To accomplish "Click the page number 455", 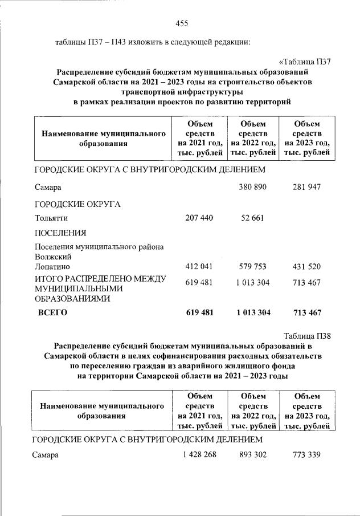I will tap(181, 23).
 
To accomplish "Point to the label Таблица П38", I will tap(307, 336).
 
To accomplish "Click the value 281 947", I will tap(307, 187).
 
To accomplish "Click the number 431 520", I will tap(307, 266).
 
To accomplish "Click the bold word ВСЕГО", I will tap(52, 312).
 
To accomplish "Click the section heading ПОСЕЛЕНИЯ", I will tap(60, 233).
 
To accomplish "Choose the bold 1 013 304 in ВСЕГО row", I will tap(251, 312).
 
